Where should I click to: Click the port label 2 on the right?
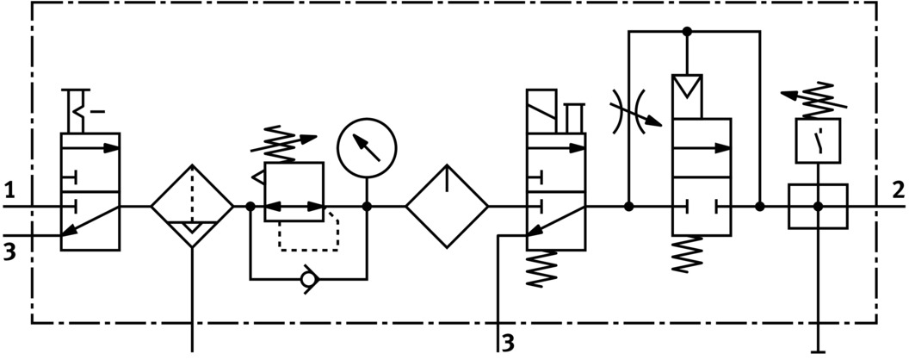point(897,188)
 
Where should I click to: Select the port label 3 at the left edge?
point(9,251)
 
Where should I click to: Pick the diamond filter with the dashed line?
point(192,207)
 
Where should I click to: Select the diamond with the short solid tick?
point(447,207)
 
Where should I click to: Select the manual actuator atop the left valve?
point(83,109)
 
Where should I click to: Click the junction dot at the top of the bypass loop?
point(687,32)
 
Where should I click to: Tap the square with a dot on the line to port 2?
point(818,207)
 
